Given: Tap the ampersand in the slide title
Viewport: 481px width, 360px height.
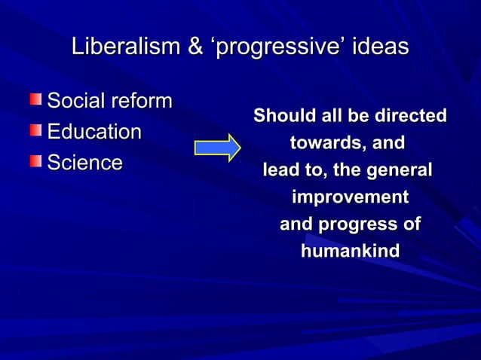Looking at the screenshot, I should (195, 47).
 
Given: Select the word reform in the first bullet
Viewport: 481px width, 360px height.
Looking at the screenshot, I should (141, 100).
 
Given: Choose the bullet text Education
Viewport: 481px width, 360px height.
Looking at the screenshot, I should (94, 132).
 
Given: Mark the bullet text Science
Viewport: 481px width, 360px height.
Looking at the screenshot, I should (84, 162).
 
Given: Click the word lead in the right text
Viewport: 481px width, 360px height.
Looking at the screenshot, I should (279, 171).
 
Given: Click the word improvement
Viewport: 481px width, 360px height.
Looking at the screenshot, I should (350, 198).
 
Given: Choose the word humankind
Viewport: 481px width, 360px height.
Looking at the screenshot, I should (350, 251).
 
